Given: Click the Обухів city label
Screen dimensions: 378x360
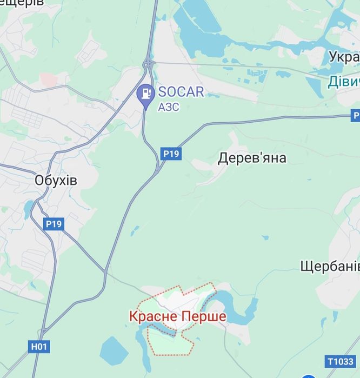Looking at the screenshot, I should [55, 181].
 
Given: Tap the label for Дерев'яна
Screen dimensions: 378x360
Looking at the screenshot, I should [252, 158].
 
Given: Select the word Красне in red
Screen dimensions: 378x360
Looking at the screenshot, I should [152, 316].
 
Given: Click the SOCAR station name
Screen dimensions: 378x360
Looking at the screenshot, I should [181, 92].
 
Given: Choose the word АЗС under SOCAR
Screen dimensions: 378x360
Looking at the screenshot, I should [168, 107].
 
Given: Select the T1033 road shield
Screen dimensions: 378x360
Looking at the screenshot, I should [341, 361].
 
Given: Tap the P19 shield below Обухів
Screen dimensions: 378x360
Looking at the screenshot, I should [54, 223].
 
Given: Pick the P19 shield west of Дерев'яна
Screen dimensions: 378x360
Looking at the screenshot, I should [171, 154].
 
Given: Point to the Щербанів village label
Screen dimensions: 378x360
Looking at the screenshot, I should [330, 266].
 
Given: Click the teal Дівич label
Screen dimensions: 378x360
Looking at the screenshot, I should [344, 82].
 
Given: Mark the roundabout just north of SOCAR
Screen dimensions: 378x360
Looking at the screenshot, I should [147, 65].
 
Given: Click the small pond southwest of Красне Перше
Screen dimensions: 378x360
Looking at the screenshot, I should [114, 350].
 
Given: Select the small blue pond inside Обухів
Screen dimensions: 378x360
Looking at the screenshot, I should [28, 207].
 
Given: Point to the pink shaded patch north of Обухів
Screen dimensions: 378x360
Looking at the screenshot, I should [48, 79].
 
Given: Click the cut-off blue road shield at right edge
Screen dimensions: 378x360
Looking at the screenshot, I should [355, 115].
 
